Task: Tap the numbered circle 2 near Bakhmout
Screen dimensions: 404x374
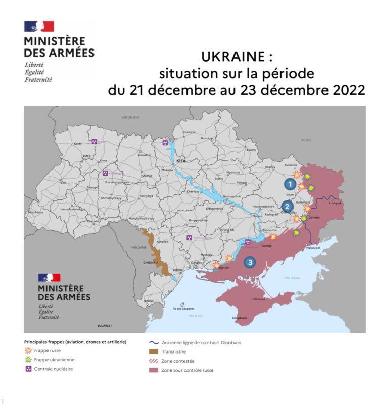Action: [287, 206]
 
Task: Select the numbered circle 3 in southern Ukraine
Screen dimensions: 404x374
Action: [249, 262]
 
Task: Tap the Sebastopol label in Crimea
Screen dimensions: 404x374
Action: [239, 318]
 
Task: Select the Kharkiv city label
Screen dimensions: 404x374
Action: [270, 167]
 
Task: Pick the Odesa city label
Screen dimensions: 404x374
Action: [177, 270]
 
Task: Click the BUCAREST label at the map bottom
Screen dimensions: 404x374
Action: [104, 326]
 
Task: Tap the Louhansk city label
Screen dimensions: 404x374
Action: [335, 203]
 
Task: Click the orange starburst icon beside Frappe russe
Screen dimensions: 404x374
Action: [29, 350]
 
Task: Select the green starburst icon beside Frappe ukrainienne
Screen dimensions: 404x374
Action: [29, 359]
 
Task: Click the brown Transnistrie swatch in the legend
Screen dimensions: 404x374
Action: [154, 351]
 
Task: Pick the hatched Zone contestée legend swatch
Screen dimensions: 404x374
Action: [154, 361]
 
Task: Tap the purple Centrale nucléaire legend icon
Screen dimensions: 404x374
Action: [29, 369]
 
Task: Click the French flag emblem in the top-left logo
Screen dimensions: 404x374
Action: [39, 27]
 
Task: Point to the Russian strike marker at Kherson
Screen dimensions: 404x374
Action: [217, 264]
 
